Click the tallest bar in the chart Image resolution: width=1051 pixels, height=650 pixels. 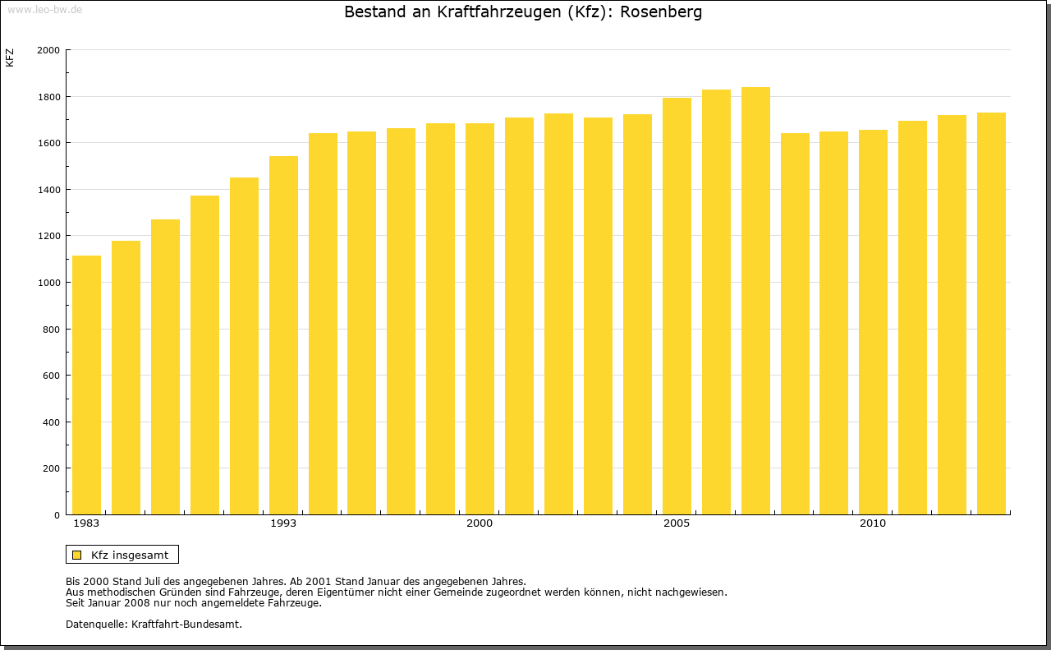(755, 301)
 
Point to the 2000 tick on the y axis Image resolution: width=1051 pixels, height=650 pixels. (48, 50)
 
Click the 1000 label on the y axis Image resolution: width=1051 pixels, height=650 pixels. (48, 283)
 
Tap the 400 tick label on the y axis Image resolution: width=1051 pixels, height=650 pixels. (52, 422)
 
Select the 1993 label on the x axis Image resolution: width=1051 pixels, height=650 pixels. (283, 523)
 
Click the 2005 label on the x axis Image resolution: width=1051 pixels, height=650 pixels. (677, 523)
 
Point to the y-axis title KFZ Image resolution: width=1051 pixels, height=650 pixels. (10, 58)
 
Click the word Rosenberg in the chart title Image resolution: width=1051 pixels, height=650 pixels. (661, 12)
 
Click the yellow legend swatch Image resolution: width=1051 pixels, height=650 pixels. (77, 555)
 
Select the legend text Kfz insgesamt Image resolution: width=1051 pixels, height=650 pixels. (130, 555)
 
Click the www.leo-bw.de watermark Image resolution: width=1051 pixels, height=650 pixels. (44, 9)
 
